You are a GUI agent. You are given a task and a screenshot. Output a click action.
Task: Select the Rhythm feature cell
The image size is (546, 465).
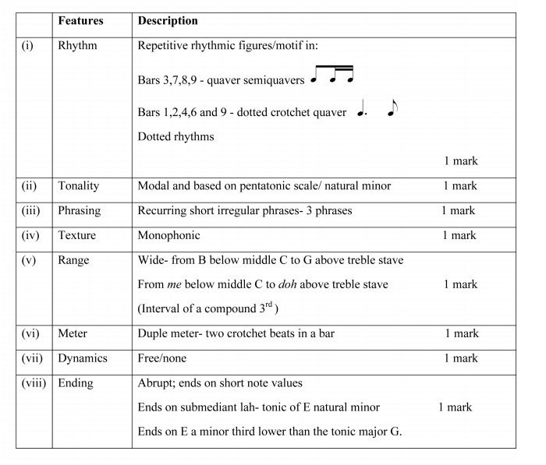[x=77, y=46]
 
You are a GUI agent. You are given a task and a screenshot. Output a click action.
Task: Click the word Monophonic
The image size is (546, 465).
[x=168, y=235]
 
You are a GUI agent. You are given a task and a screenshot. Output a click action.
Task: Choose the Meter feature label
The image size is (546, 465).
[x=73, y=333]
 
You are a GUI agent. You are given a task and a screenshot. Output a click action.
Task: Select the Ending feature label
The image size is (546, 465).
[x=76, y=383]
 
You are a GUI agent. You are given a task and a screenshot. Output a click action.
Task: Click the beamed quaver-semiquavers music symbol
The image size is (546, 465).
[x=333, y=75]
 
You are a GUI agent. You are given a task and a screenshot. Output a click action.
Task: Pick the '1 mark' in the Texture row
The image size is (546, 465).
[x=459, y=235]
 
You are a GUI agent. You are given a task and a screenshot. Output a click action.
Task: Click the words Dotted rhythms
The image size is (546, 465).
[x=175, y=137]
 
